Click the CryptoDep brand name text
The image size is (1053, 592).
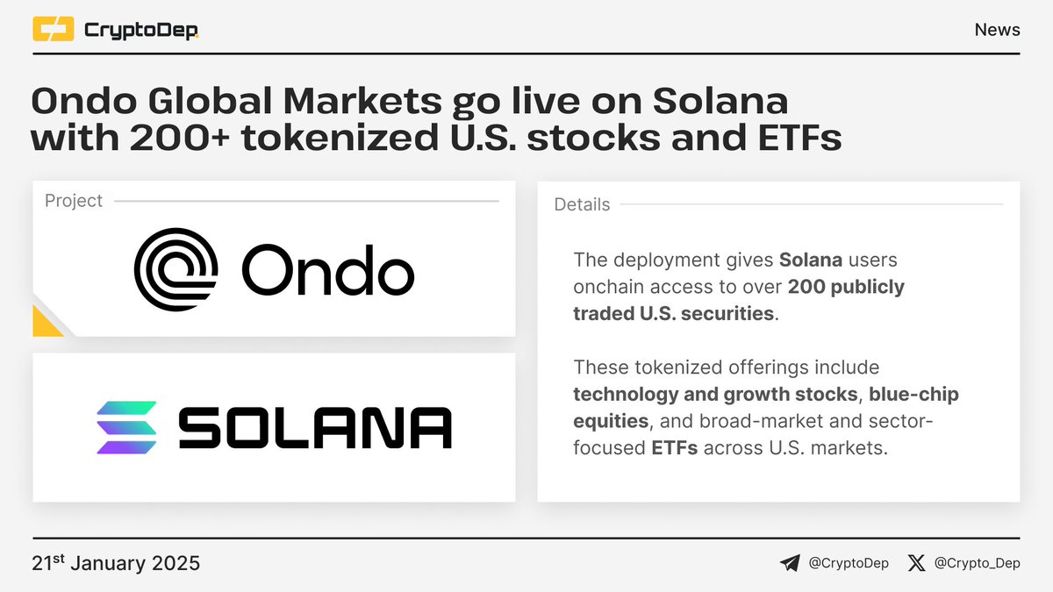pyautogui.click(x=140, y=31)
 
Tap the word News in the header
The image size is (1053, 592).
pyautogui.click(x=997, y=30)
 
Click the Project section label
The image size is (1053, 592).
pyautogui.click(x=74, y=201)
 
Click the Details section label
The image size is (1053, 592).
pyautogui.click(x=582, y=204)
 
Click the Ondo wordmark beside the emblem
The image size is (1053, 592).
pyautogui.click(x=326, y=270)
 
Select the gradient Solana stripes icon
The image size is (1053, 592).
pyautogui.click(x=126, y=428)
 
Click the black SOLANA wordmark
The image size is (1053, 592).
pyautogui.click(x=315, y=429)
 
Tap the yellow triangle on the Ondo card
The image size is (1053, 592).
pyautogui.click(x=46, y=323)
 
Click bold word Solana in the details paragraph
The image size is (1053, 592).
pyautogui.click(x=810, y=260)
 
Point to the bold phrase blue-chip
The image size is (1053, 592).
pyautogui.click(x=915, y=394)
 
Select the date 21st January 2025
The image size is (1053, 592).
pyautogui.click(x=116, y=563)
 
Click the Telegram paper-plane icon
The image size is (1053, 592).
pyautogui.click(x=790, y=563)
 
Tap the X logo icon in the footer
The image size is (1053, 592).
pyautogui.click(x=916, y=563)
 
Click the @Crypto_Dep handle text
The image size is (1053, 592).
pyautogui.click(x=978, y=563)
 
